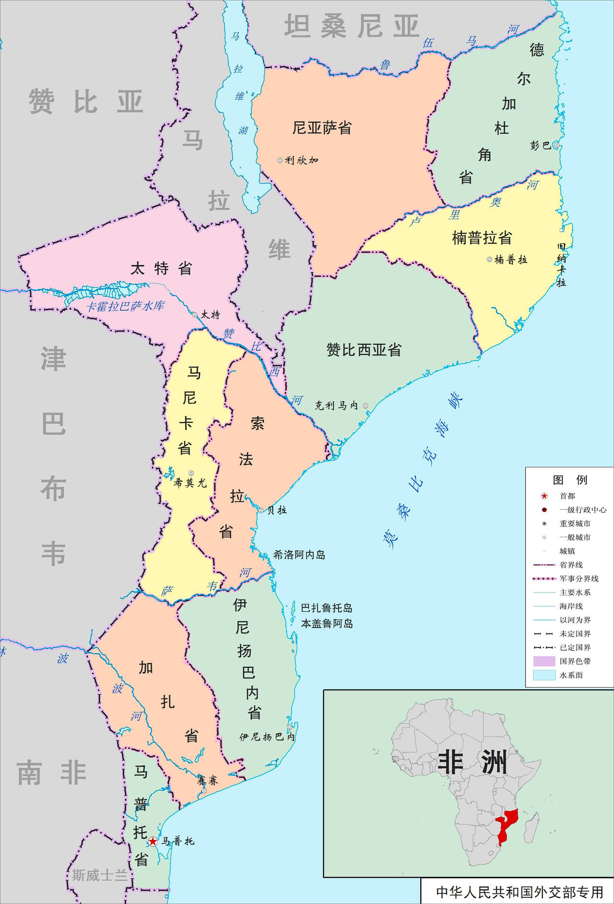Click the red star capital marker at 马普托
tap(153, 841)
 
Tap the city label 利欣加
tap(302, 160)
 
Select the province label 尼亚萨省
tap(322, 128)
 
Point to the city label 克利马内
tap(336, 405)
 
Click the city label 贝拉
tap(277, 510)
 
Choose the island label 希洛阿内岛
tap(299, 555)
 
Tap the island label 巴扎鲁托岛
tap(327, 608)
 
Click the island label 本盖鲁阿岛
tap(327, 623)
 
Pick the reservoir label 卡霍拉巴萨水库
tap(125, 306)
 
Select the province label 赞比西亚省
tap(364, 350)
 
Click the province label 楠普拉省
tap(482, 238)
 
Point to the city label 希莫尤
tap(190, 483)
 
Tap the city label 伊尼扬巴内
tap(267, 737)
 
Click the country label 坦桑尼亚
tap(352, 26)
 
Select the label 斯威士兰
tap(99, 875)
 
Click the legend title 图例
tap(569, 479)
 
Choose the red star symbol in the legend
tap(544, 496)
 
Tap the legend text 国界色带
tap(575, 661)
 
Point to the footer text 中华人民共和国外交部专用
tap(519, 892)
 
